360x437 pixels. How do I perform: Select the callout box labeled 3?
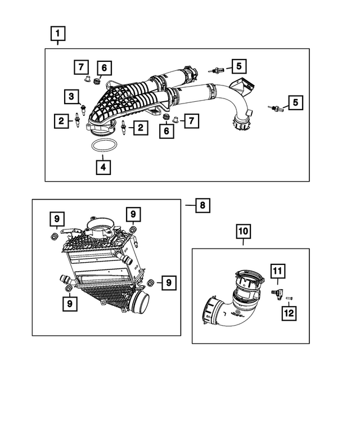(x=71, y=97)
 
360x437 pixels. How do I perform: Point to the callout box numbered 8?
(x=202, y=205)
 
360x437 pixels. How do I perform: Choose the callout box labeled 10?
(x=244, y=231)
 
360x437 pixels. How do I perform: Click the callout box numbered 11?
(x=277, y=272)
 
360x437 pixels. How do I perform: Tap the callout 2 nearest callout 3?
(x=60, y=119)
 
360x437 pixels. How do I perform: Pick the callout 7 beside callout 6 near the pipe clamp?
(x=191, y=120)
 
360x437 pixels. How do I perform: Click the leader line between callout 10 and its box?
(x=244, y=243)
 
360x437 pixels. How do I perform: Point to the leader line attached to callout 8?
(x=189, y=205)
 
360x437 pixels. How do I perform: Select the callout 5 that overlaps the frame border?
(x=295, y=102)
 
